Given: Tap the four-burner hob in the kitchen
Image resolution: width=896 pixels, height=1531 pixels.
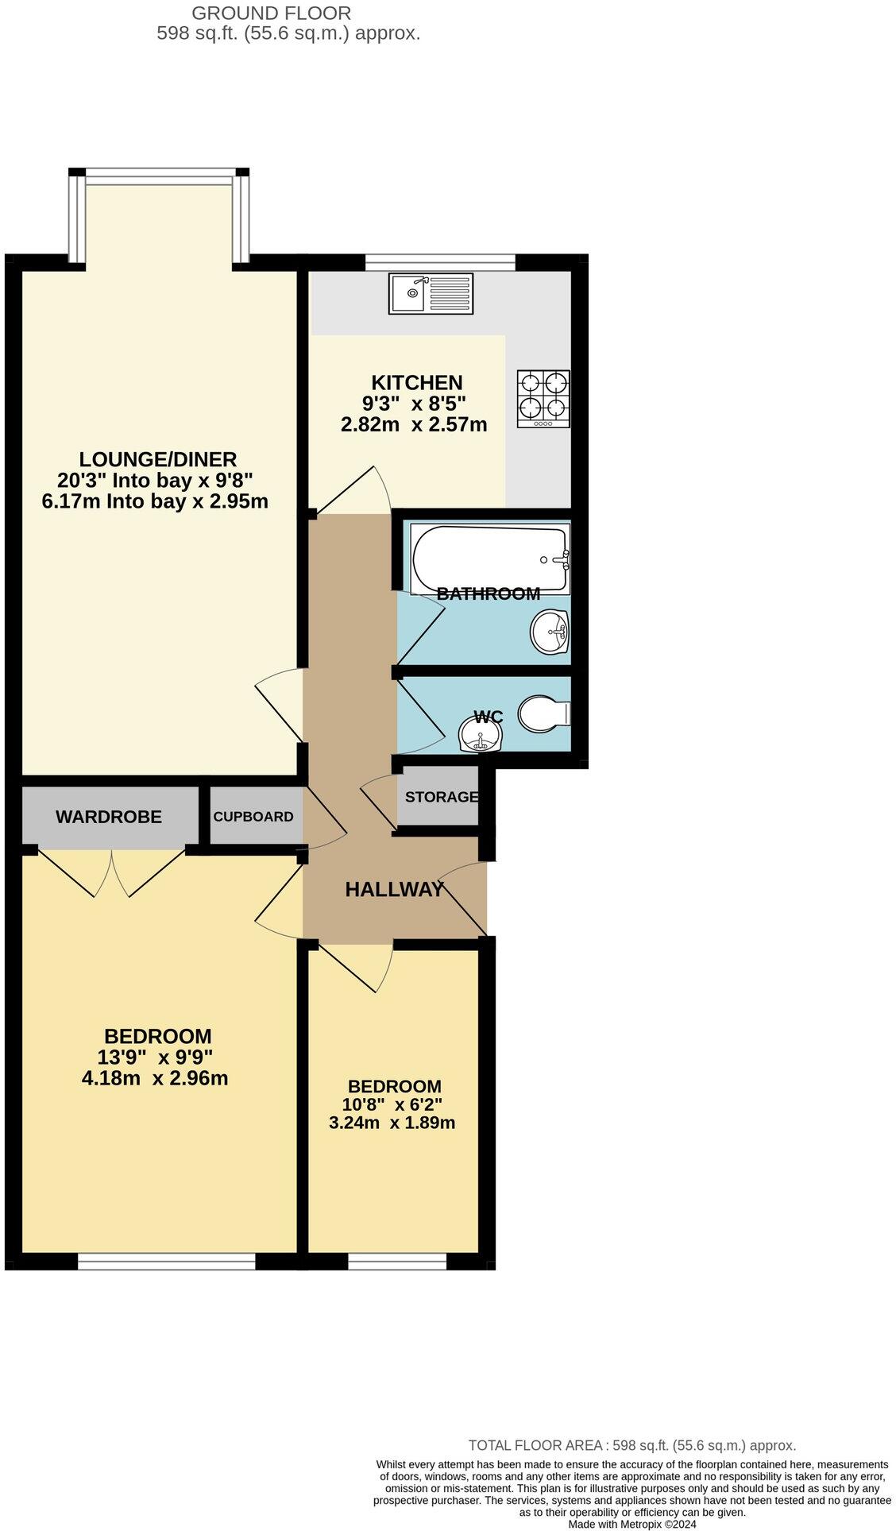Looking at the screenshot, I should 544,399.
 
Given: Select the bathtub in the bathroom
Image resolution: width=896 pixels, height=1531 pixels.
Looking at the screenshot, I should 490,559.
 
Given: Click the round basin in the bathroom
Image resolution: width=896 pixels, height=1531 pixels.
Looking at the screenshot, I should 550,632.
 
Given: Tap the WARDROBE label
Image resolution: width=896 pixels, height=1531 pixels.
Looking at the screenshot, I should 109,816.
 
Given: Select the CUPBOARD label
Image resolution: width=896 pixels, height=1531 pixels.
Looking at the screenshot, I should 253,816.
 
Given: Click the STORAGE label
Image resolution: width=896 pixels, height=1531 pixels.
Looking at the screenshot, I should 442,796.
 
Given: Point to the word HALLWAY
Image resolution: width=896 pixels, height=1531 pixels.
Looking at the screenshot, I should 394,889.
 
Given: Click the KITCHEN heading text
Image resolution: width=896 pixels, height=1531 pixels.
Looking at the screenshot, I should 417,382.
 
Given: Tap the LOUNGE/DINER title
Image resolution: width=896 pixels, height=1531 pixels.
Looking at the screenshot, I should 158,458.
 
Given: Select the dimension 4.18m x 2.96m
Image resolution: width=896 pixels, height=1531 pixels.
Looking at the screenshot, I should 155,1078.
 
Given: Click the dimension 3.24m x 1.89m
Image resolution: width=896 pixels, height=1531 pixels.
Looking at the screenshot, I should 392,1123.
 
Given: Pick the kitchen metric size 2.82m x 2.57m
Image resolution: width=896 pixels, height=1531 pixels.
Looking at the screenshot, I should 414,424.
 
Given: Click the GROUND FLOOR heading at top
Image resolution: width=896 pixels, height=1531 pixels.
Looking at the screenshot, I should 272,13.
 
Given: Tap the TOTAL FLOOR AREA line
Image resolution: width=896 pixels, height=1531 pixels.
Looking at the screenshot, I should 632,1445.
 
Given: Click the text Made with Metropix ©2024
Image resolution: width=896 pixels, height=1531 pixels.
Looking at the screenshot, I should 632,1524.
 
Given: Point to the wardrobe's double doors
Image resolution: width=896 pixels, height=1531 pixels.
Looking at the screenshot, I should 113,872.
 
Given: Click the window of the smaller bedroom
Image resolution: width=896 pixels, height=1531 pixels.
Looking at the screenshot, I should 397,1261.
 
